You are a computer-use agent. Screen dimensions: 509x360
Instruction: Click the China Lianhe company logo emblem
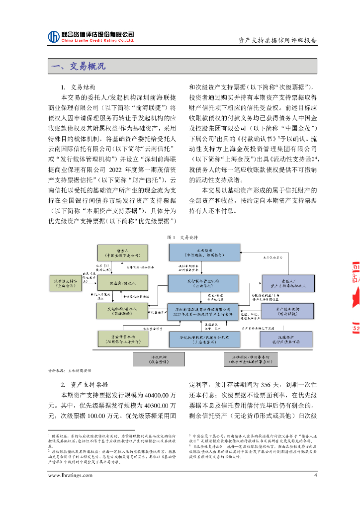tap(54, 37)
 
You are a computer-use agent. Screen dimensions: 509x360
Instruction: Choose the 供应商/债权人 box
tap(122, 283)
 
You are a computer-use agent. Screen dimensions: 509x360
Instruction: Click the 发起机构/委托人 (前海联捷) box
tap(122, 311)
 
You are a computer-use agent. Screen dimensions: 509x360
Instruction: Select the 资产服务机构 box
tap(286, 311)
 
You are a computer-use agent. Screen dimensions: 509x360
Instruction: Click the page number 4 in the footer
tap(315, 475)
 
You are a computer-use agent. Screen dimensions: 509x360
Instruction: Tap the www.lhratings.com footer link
tap(70, 475)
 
